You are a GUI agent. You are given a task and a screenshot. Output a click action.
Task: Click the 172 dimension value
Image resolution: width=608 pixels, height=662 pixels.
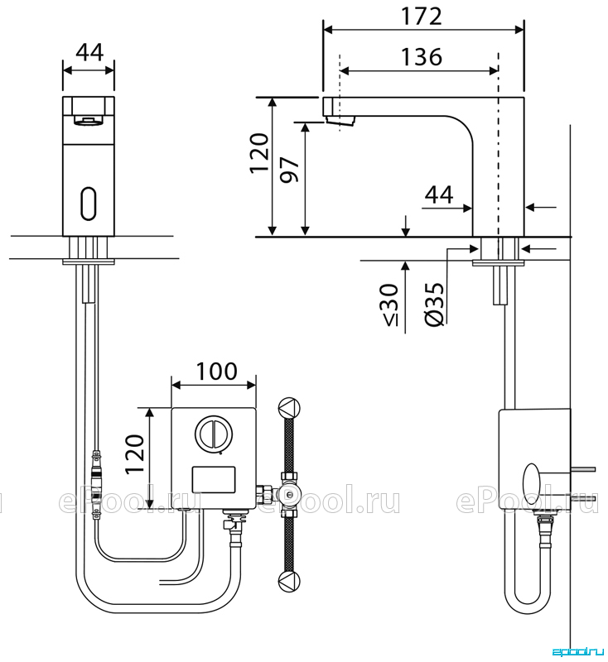point(422,16)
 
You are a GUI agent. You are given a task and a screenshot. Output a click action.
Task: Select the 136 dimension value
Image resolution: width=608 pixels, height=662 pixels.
point(422,56)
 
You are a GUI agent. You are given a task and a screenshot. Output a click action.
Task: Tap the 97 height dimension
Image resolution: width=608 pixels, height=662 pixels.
point(290,170)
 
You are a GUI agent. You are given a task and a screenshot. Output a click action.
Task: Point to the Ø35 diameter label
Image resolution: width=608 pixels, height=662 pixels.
point(435,304)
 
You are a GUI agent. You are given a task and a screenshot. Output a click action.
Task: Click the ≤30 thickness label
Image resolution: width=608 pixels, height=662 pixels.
point(389,305)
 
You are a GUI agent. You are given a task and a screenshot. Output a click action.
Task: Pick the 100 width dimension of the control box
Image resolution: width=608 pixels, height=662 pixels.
point(217,371)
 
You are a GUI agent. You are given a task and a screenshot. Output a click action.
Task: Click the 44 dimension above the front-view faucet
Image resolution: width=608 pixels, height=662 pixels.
point(89,52)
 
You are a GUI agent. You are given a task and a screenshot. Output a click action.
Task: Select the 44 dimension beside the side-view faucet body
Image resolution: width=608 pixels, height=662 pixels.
point(439,194)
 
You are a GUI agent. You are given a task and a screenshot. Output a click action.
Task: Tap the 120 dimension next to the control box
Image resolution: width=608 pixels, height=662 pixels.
point(135,454)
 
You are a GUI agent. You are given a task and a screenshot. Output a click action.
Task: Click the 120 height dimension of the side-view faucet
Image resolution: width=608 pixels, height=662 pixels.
point(259,153)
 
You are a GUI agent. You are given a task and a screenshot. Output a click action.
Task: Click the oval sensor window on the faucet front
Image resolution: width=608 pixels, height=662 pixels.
point(89,203)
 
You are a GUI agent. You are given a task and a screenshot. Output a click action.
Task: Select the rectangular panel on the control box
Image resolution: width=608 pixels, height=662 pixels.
point(214,480)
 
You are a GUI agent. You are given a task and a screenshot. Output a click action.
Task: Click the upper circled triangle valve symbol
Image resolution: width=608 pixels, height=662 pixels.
point(289,408)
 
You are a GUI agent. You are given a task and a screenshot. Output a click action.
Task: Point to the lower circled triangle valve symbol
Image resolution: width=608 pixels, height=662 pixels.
point(289,582)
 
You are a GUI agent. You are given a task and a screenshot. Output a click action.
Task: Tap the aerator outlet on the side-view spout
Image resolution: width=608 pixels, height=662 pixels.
point(340,120)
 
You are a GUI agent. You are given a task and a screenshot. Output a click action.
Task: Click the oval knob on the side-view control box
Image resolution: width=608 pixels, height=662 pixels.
point(533,483)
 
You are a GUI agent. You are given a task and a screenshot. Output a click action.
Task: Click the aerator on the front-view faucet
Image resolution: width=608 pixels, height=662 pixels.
point(89,121)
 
